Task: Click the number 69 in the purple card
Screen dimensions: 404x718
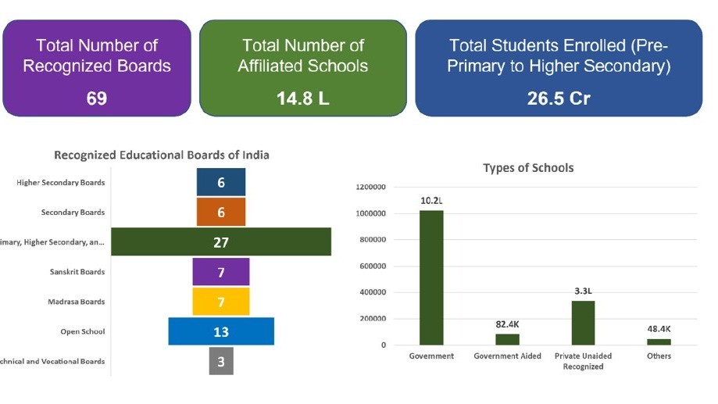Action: pos(97,98)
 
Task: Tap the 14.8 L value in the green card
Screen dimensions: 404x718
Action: pos(302,98)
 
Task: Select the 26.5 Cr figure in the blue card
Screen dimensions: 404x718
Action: pos(558,98)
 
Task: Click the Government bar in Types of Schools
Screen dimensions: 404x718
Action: pos(431,277)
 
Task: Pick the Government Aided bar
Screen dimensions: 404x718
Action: pos(507,339)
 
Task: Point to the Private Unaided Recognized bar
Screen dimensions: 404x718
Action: pos(583,323)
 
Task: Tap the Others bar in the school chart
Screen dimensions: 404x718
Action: pos(659,341)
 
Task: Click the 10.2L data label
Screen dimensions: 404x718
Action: pos(431,201)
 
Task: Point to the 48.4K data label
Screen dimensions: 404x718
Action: pos(659,329)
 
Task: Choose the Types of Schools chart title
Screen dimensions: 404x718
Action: pos(528,168)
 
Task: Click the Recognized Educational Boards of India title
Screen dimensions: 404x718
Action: pos(161,155)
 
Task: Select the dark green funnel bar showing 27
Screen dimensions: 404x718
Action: pos(221,242)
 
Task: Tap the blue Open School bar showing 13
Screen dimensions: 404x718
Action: pos(221,331)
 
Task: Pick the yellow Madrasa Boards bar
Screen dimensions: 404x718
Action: pos(221,302)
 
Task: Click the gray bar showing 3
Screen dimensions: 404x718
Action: pos(221,361)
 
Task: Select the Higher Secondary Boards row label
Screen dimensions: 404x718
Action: pos(60,183)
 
